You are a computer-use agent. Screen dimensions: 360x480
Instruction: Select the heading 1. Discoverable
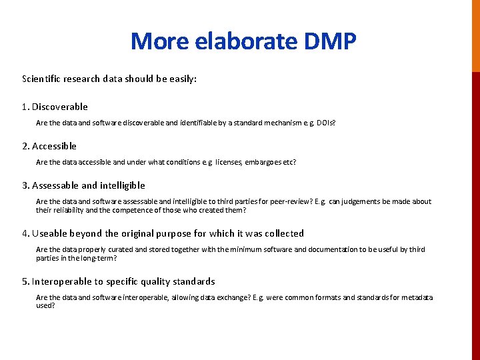(55, 107)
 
